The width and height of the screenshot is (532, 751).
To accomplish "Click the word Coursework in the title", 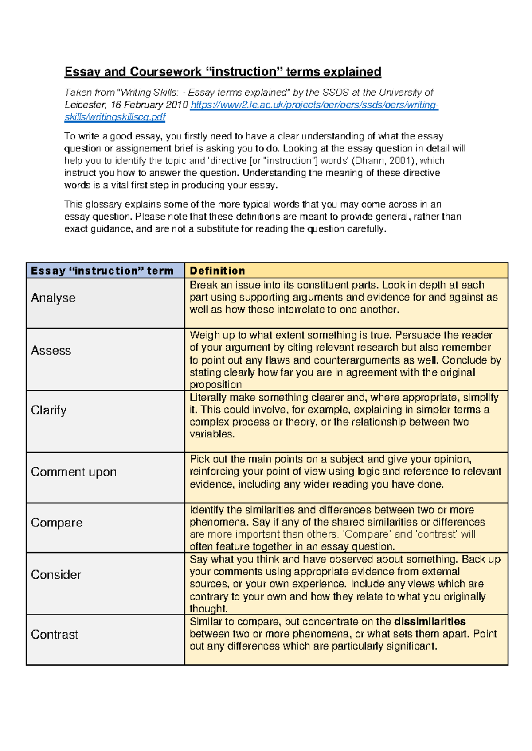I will [166, 72].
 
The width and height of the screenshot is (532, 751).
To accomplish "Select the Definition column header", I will [217, 271].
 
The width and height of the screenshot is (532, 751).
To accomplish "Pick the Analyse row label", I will [53, 298].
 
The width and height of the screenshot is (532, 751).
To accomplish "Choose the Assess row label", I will [51, 351].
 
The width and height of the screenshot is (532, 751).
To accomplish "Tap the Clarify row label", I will [49, 410].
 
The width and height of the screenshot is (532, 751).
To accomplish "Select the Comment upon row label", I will [74, 472].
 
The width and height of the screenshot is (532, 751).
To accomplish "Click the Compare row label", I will [57, 523].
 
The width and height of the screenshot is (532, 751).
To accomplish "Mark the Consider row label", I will [56, 575].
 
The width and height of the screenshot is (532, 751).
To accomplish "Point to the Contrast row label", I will [55, 635].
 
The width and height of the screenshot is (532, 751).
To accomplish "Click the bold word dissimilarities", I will [430, 622].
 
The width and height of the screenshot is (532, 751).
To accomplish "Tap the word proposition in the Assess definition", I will [216, 384].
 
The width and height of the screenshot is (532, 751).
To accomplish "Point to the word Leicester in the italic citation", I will [85, 105].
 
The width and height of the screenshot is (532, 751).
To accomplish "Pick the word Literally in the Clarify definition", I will [207, 397].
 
